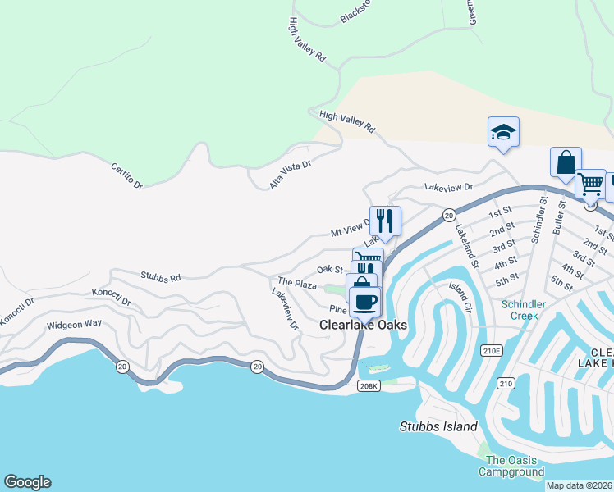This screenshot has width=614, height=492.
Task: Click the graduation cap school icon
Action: coord(503,132)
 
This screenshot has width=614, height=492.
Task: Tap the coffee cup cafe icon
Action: coord(364,301)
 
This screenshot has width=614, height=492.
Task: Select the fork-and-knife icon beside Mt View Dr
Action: coord(385,221)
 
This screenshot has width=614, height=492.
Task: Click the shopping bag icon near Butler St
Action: coord(566,162)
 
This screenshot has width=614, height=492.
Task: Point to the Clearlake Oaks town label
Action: coord(363,326)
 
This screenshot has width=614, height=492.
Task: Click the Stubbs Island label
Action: coord(438,426)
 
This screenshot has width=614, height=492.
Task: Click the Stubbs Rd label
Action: coord(160,278)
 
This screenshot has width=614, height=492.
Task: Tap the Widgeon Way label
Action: coord(74,324)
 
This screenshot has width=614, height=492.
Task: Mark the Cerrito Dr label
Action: coord(126,175)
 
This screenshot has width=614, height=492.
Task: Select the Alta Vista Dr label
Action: coord(291,175)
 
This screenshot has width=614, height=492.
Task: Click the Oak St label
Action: coord(329,269)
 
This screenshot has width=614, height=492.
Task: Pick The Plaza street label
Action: coord(297,284)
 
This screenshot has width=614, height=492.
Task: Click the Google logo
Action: coord(27,482)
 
